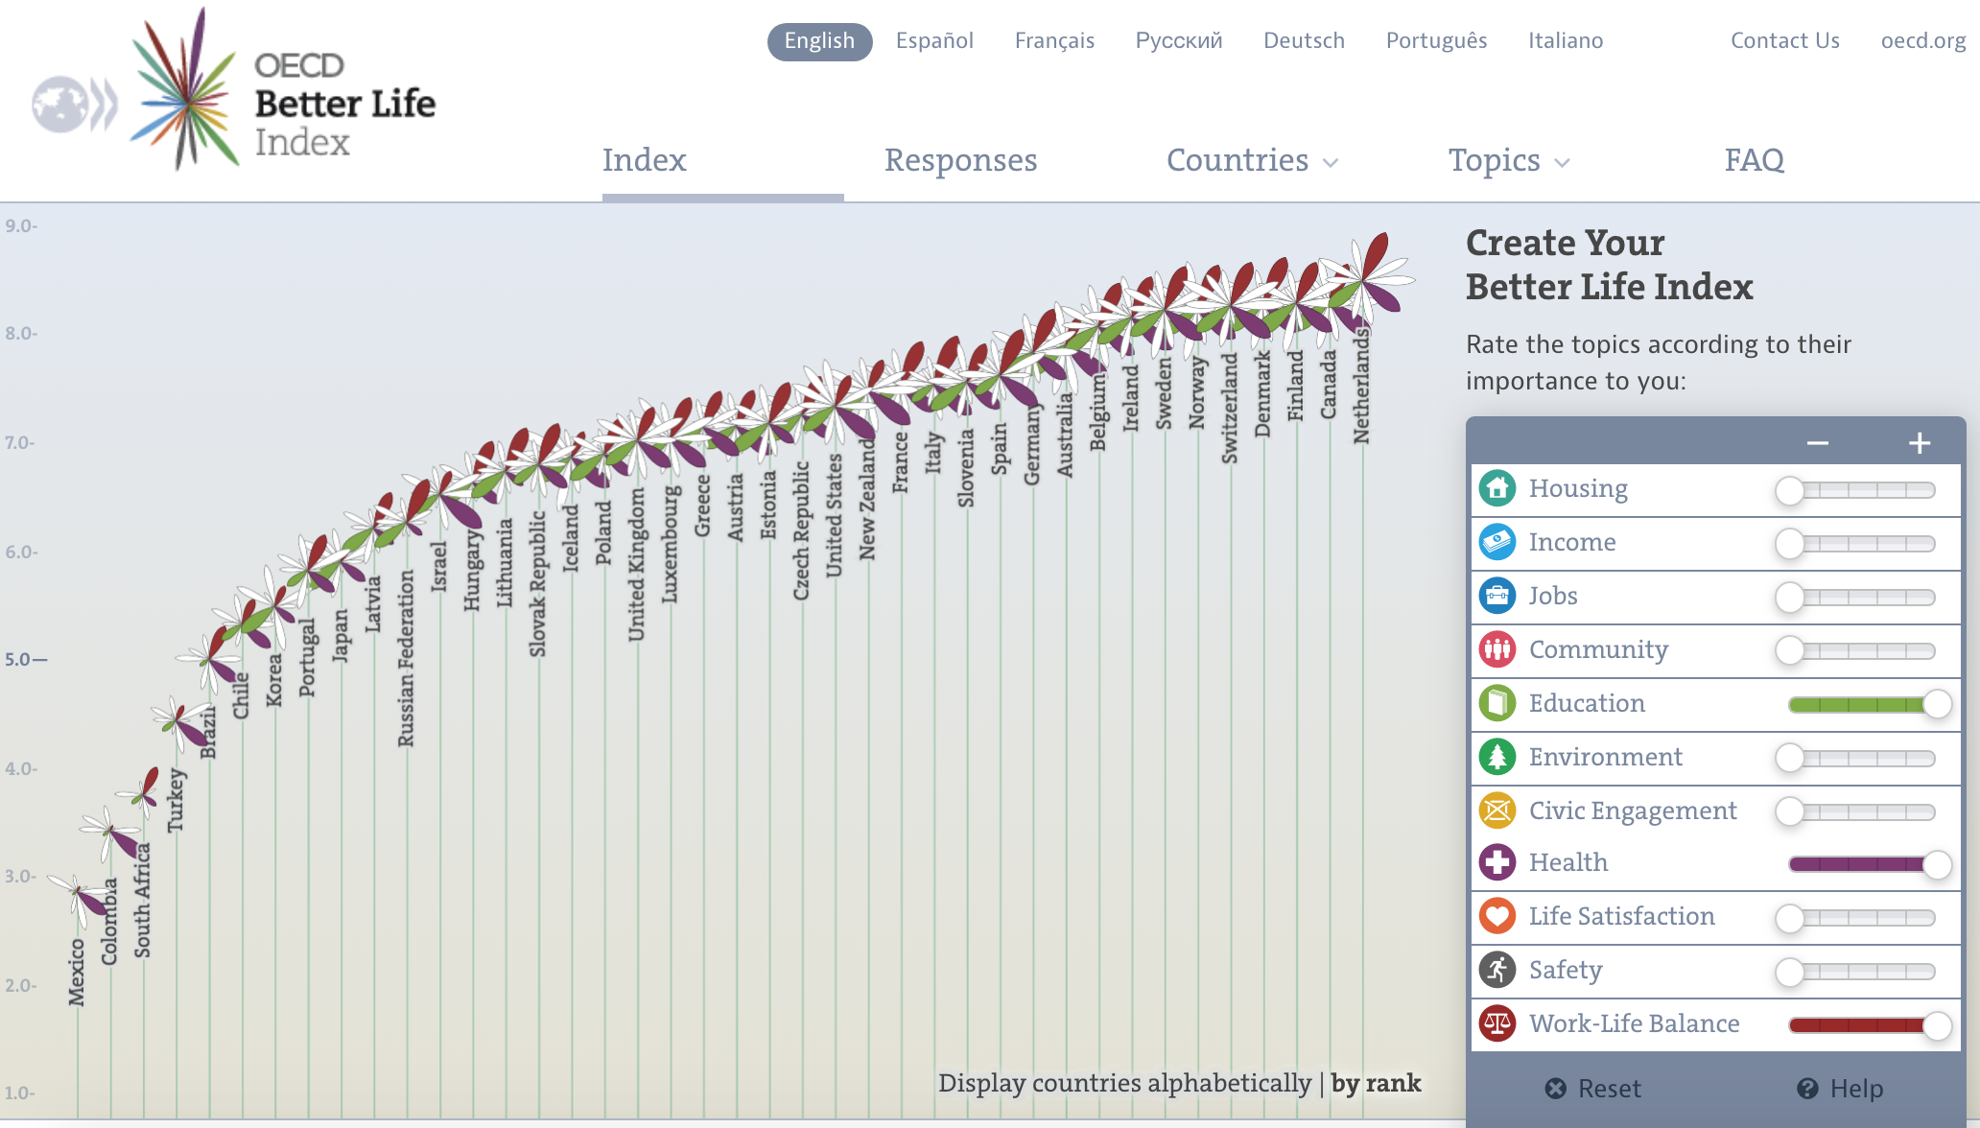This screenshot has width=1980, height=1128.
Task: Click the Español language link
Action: pyautogui.click(x=934, y=40)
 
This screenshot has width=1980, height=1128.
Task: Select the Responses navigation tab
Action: pyautogui.click(x=960, y=160)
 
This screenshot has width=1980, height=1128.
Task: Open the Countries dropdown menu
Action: pyautogui.click(x=1251, y=160)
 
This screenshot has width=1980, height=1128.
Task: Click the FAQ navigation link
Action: pyautogui.click(x=1754, y=160)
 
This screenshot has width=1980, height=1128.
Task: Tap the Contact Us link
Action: pyautogui.click(x=1784, y=40)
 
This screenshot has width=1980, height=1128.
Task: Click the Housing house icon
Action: pyautogui.click(x=1497, y=488)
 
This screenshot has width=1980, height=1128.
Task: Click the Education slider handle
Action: pyautogui.click(x=1937, y=704)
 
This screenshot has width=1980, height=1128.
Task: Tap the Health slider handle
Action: pyautogui.click(x=1937, y=864)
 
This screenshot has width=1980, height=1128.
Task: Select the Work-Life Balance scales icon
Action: pyautogui.click(x=1497, y=1023)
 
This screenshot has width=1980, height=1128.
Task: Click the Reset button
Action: pyautogui.click(x=1593, y=1089)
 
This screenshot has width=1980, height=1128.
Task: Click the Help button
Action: pyautogui.click(x=1840, y=1089)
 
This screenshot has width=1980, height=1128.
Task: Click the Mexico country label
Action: pyautogui.click(x=77, y=972)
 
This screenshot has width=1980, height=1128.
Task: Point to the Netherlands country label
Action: pyautogui.click(x=1361, y=387)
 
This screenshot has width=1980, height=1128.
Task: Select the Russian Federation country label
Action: pyautogui.click(x=407, y=658)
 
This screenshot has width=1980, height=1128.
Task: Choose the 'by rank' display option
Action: pyautogui.click(x=1376, y=1083)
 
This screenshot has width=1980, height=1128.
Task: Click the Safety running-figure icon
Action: pyautogui.click(x=1497, y=970)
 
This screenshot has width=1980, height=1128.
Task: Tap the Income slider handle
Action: pyautogui.click(x=1789, y=544)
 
